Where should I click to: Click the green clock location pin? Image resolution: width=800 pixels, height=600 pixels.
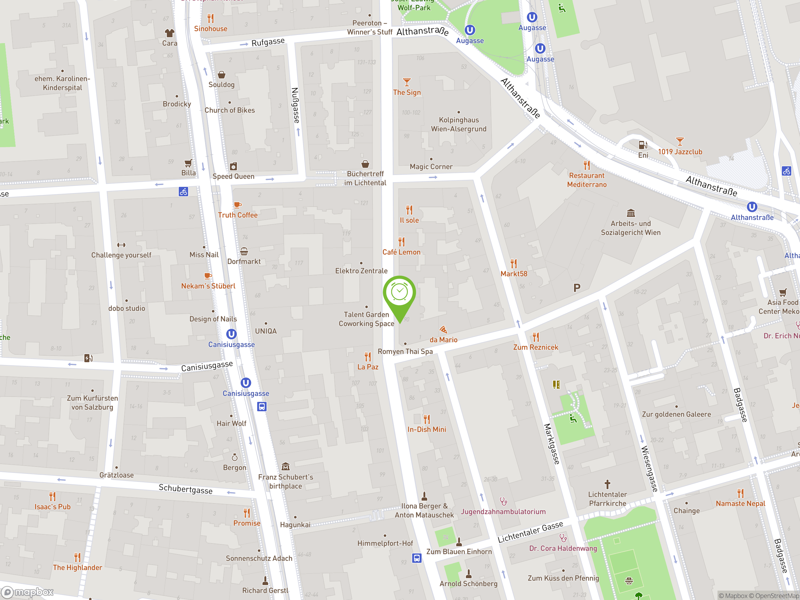[x=399, y=293]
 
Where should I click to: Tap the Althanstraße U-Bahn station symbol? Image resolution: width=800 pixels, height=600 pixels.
[x=752, y=207]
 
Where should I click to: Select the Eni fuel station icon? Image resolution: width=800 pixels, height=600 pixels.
[x=643, y=145]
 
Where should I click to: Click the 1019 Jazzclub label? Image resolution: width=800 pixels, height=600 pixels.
[x=680, y=152]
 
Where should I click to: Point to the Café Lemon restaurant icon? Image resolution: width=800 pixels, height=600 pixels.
[x=402, y=241]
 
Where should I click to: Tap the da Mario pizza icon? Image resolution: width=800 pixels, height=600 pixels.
[x=443, y=329]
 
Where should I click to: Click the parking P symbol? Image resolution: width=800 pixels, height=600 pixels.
[x=577, y=288]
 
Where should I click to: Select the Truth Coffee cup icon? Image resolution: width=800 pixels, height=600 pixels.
[x=237, y=205]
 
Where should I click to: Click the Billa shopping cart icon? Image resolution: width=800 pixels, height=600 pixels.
[x=188, y=163]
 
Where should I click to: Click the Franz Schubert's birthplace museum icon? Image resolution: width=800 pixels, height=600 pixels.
[x=285, y=466]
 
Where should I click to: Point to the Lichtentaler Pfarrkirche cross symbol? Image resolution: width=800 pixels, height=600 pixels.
[x=607, y=484]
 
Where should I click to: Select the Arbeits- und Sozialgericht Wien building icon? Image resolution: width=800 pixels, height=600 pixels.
[x=631, y=213]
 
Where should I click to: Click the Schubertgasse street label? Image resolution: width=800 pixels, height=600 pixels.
[x=186, y=489]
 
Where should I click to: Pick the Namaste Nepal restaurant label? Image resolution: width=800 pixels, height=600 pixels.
[x=740, y=503]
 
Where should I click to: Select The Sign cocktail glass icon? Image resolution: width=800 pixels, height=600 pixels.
[x=407, y=82]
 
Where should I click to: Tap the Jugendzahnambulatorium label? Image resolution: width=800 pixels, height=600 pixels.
[x=503, y=511]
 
